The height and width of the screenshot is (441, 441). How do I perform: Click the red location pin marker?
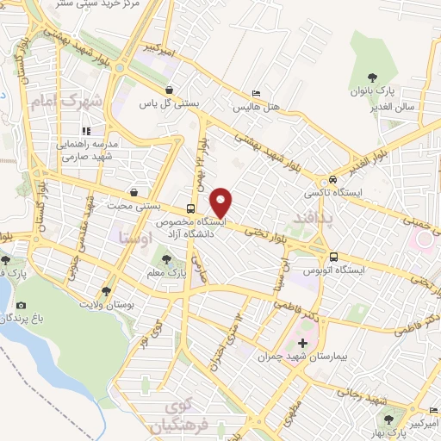222,202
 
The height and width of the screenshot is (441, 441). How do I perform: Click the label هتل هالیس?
255,108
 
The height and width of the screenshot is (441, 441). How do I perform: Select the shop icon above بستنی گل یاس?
170,89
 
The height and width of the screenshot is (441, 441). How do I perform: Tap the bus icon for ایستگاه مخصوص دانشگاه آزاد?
191,208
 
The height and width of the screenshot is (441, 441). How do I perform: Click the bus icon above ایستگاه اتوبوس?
334,257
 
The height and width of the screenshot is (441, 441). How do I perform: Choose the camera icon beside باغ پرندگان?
21,305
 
